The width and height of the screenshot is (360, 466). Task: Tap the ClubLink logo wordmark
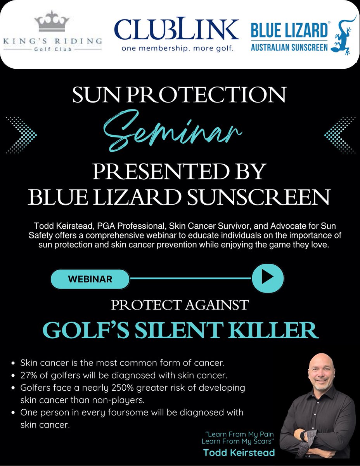pyautogui.click(x=177, y=30)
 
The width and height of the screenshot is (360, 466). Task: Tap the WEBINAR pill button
pyautogui.click(x=90, y=279)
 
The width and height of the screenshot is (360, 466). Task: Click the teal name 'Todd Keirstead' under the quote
pyautogui.click(x=239, y=453)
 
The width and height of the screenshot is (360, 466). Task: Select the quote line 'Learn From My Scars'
pyautogui.click(x=238, y=442)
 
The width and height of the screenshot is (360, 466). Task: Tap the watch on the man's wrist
pyautogui.click(x=313, y=436)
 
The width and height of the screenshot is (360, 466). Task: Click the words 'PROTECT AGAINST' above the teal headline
pyautogui.click(x=180, y=305)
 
